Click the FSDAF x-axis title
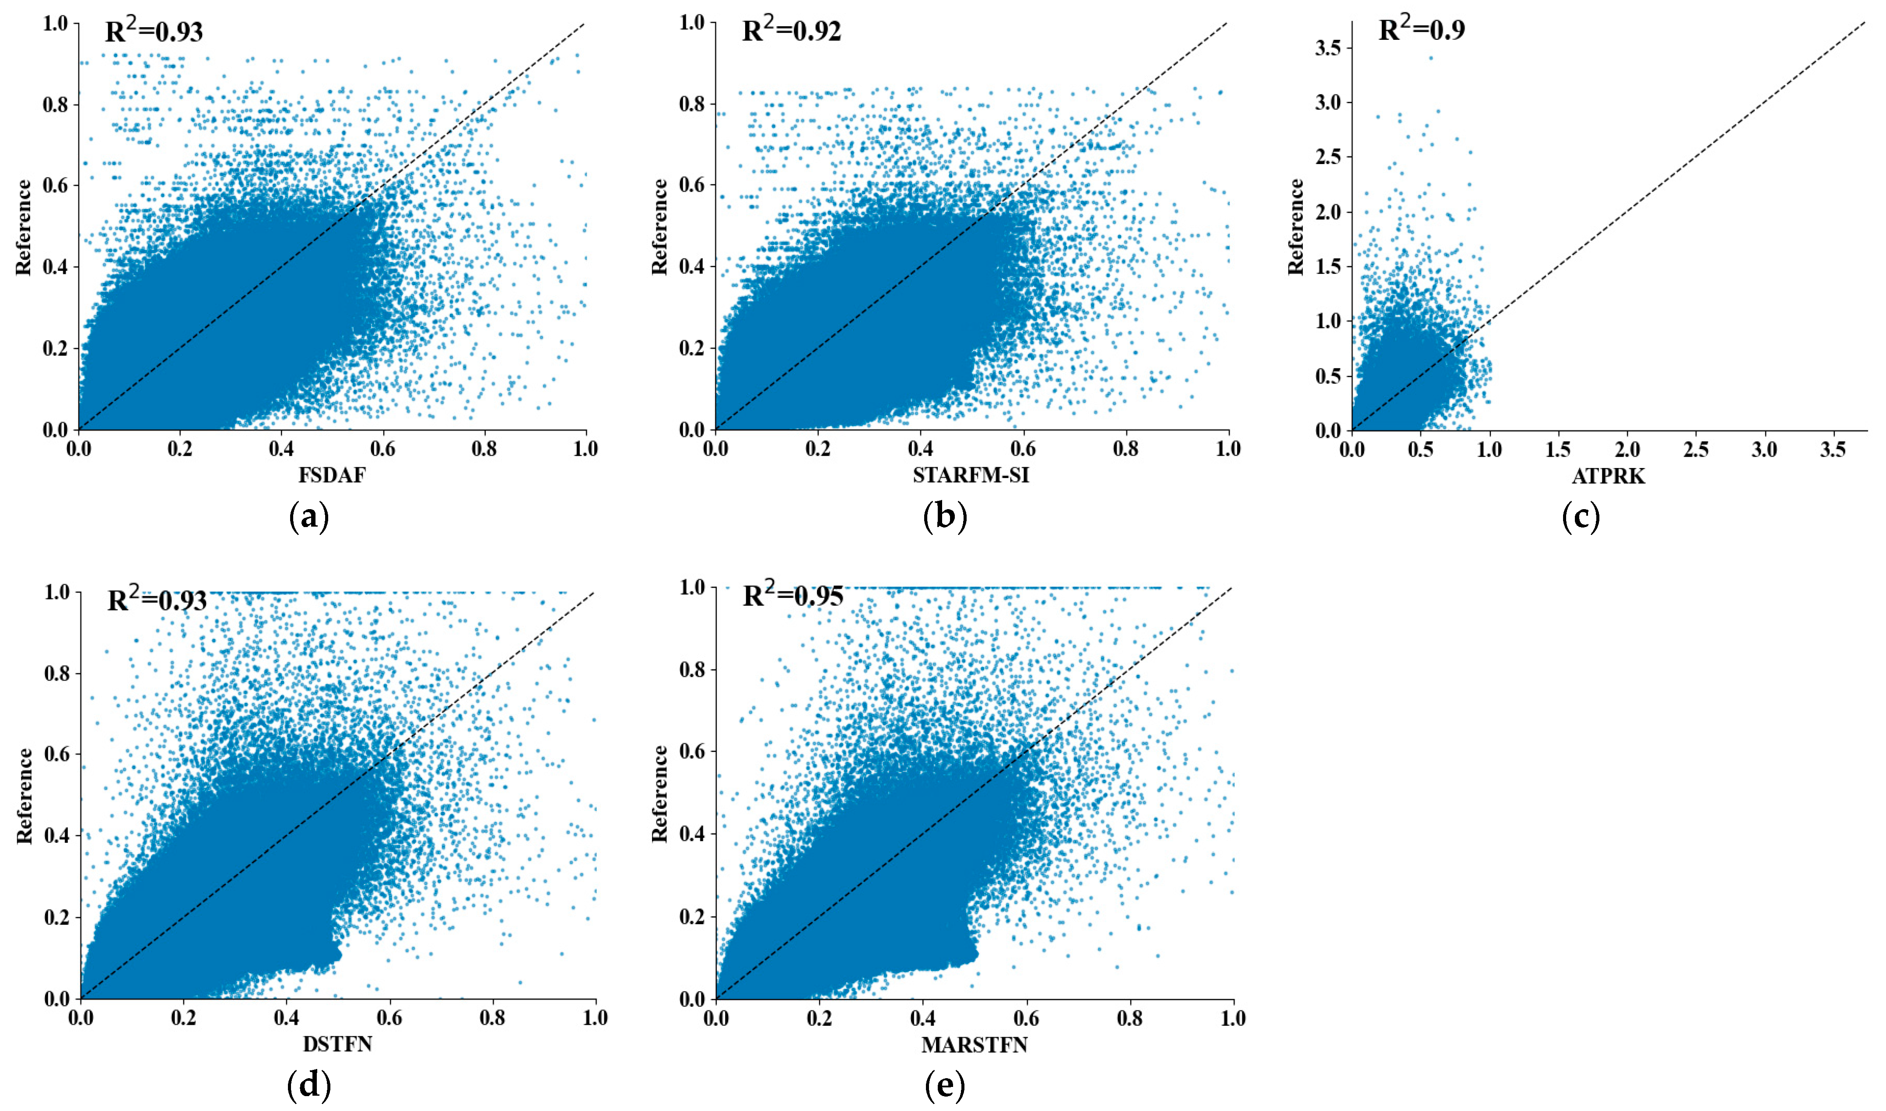332,475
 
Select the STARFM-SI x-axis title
971,475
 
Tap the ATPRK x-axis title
1608,476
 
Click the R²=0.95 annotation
792,595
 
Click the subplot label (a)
308,518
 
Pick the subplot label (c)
1581,518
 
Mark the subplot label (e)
944,1087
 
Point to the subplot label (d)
308,1087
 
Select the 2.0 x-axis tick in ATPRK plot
1627,450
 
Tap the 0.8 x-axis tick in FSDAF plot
484,449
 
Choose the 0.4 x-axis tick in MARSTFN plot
922,1018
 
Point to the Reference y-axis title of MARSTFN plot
659,793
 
